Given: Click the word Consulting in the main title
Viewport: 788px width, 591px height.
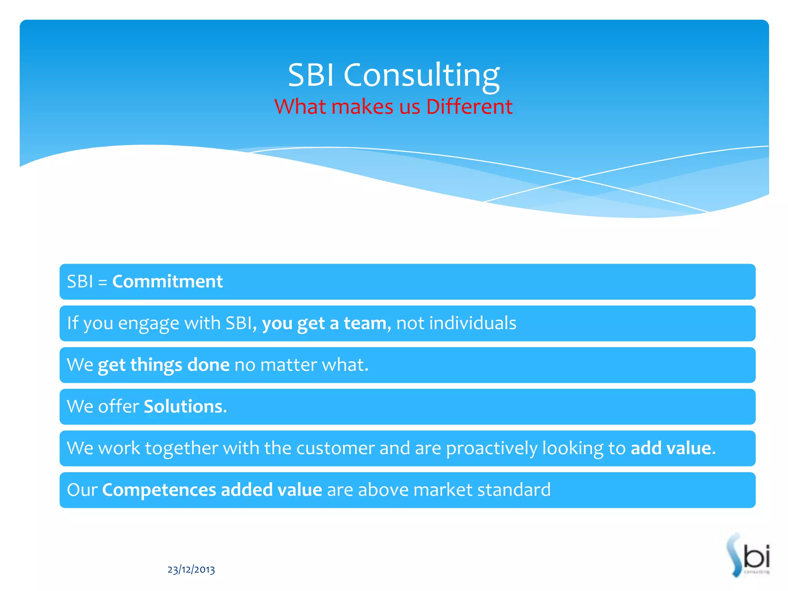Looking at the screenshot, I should [x=421, y=75].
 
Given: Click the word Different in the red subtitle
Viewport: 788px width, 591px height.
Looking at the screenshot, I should [x=469, y=107].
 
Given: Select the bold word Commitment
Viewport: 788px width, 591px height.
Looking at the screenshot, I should [x=167, y=282].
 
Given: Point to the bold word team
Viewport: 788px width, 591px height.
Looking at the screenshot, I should [x=365, y=323].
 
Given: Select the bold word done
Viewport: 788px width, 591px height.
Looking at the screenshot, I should [x=208, y=365].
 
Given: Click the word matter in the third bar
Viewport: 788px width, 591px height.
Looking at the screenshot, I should [x=289, y=365].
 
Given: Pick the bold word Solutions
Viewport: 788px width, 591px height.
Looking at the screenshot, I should [x=185, y=407].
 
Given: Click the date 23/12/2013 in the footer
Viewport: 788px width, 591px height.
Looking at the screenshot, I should [x=191, y=569].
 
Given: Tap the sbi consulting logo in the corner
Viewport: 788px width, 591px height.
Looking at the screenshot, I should [x=748, y=555].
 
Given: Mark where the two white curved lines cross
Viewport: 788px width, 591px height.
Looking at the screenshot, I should [x=576, y=179].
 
